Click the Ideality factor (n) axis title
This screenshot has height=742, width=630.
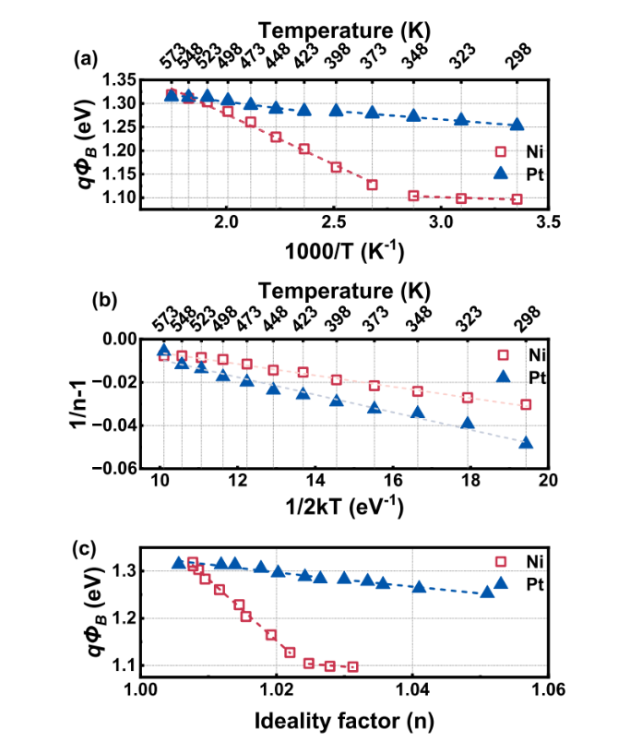click(344, 717)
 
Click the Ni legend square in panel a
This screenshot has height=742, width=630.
click(502, 151)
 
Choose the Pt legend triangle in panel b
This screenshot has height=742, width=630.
click(502, 376)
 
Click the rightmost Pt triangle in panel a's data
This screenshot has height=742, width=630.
click(517, 125)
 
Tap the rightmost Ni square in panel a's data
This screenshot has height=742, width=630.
click(517, 199)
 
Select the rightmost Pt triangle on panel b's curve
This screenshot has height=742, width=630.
click(526, 442)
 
